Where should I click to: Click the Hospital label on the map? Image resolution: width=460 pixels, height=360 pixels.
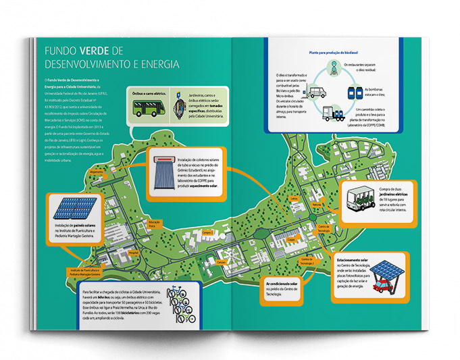[x=134, y=250]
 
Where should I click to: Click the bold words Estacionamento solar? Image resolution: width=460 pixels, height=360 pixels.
[x=351, y=259]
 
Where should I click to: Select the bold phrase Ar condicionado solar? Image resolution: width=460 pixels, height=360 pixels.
[x=282, y=284]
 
